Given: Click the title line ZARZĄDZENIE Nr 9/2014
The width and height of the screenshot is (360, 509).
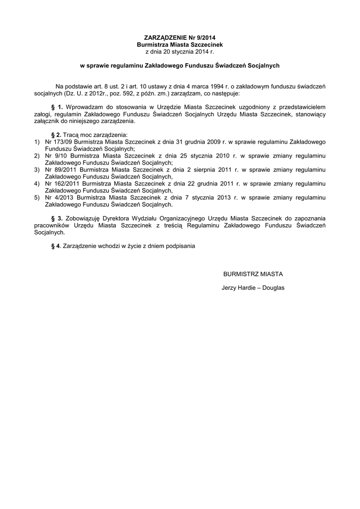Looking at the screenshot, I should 180,38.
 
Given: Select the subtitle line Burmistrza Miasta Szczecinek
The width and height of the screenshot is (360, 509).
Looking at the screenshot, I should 180,45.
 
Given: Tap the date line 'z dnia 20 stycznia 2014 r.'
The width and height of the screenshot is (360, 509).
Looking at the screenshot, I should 180,52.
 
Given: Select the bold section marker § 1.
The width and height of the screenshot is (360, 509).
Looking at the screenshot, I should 57,107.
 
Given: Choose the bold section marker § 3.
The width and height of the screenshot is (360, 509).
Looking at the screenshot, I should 57,218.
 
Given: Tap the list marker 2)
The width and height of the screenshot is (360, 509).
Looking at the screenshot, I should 37,156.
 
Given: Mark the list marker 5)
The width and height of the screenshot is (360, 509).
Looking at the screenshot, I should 37,197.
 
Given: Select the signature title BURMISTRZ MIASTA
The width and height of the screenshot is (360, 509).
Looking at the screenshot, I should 253,274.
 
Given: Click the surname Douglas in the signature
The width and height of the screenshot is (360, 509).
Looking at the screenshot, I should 273,288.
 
